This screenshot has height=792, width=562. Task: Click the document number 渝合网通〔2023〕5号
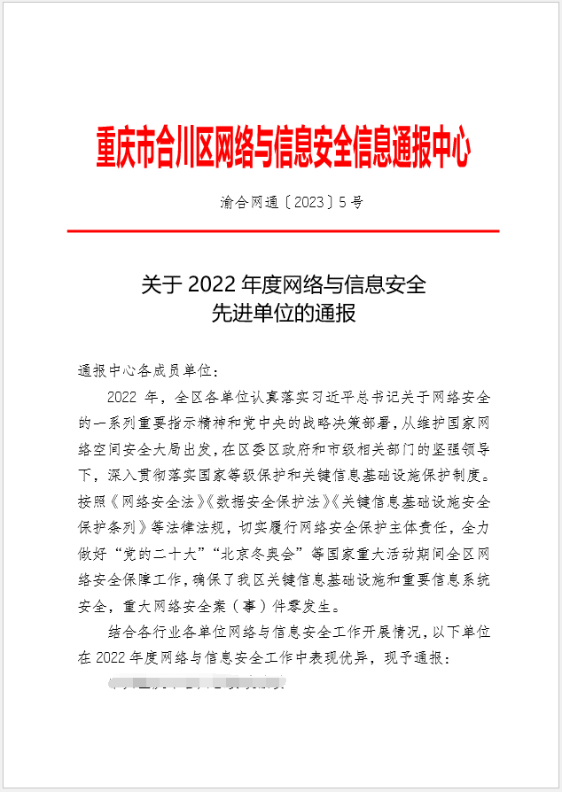[292, 202]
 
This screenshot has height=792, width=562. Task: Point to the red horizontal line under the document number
[282, 230]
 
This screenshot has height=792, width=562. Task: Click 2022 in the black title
[210, 285]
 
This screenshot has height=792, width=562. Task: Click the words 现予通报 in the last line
[416, 659]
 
